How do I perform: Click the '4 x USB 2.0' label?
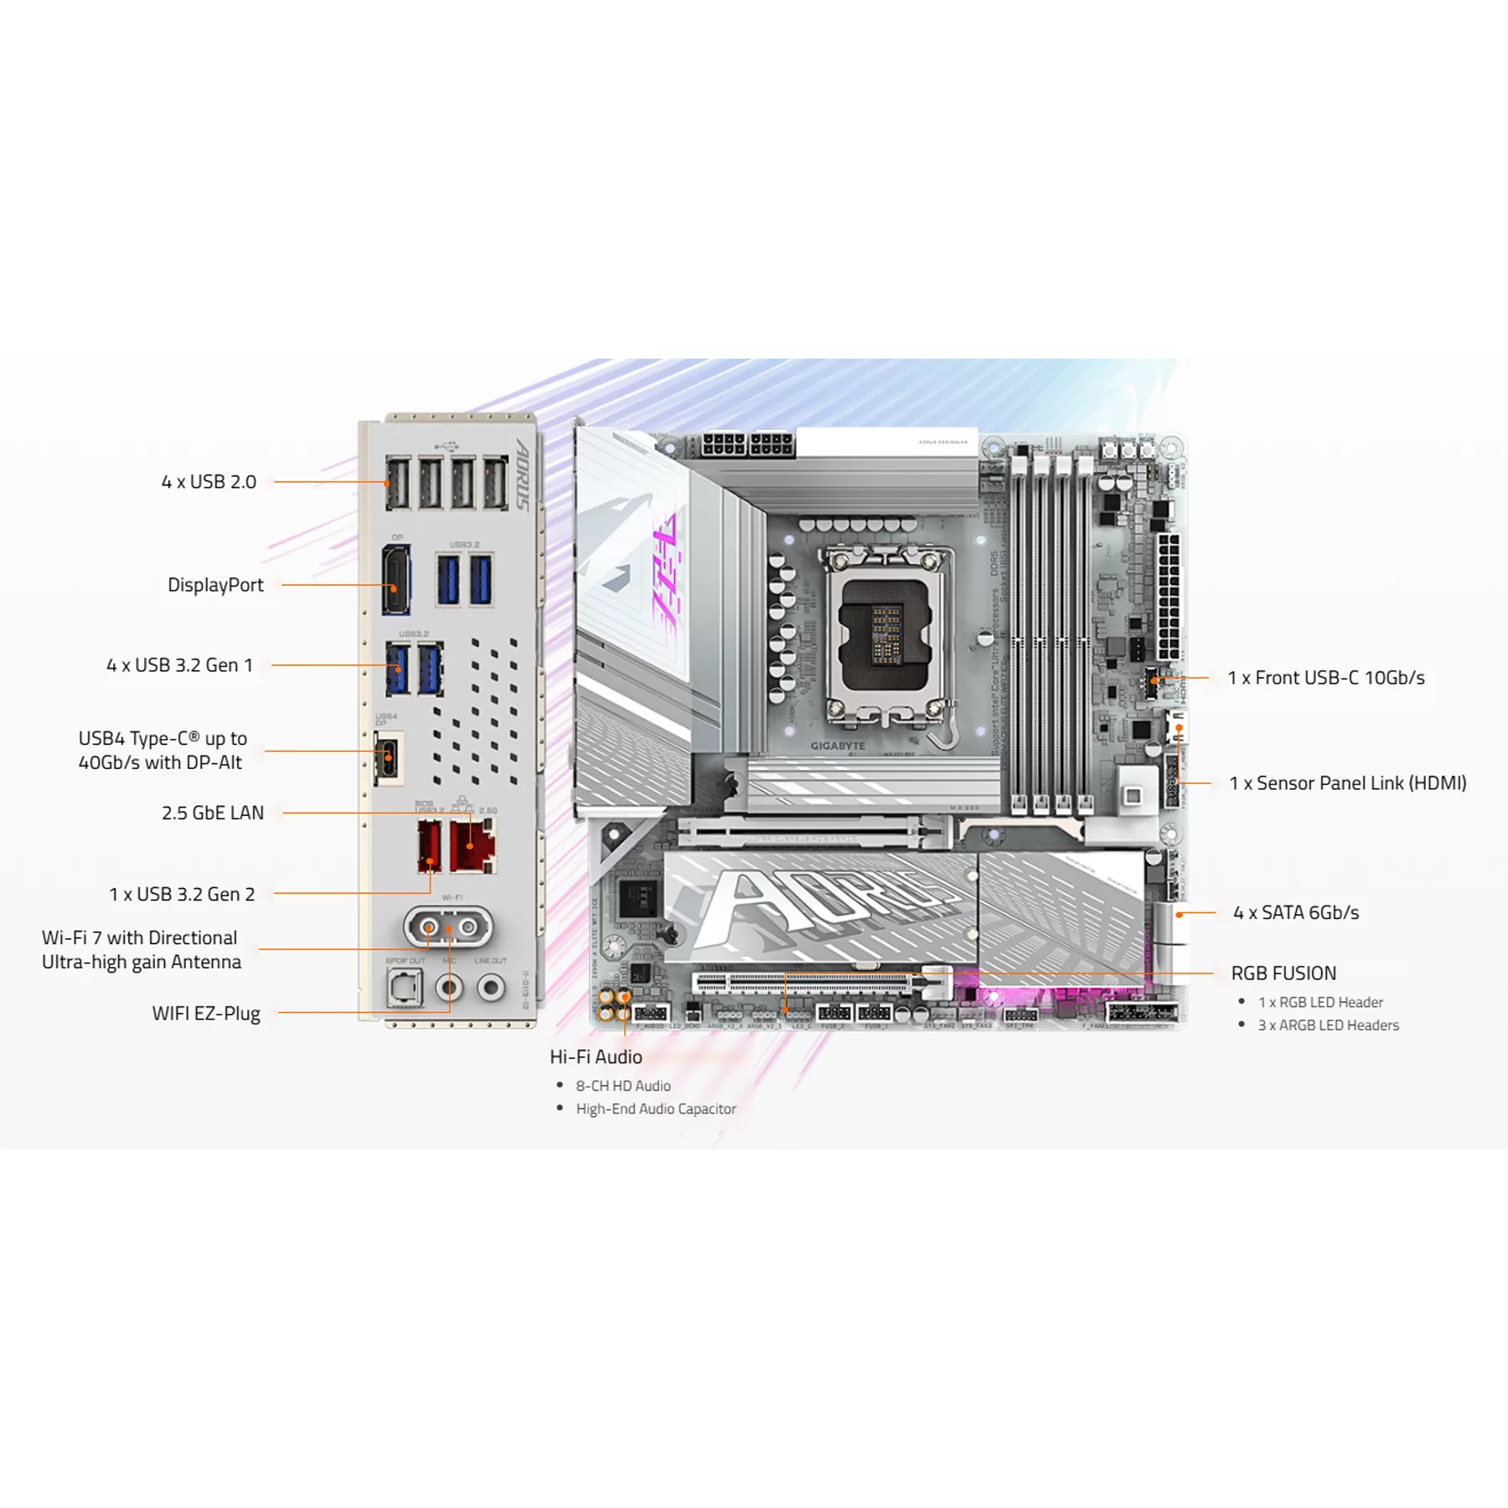tap(209, 482)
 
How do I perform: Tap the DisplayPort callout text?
tap(215, 585)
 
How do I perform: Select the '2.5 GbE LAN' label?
tap(213, 813)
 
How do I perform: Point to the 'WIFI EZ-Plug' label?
tap(206, 1013)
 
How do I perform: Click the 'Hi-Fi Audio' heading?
tap(596, 1056)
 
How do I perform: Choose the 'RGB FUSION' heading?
tap(1283, 973)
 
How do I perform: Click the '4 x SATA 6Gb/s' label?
tap(1296, 912)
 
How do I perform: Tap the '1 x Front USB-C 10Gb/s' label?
tap(1326, 678)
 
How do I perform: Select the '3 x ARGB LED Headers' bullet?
tap(1328, 1025)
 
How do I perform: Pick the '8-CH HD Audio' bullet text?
tap(623, 1086)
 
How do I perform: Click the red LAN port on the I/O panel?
tap(473, 846)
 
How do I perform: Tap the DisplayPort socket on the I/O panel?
tap(396, 580)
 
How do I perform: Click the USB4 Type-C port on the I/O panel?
tap(389, 758)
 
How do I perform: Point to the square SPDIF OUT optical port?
tap(405, 988)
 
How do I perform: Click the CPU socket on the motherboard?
tap(886, 633)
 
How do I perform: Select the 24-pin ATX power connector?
tap(1168, 596)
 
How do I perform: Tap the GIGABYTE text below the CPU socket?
tap(838, 746)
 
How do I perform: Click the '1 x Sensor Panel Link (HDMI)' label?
tap(1348, 783)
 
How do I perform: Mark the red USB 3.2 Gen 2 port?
tap(430, 846)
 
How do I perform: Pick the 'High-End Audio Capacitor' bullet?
tap(656, 1108)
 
